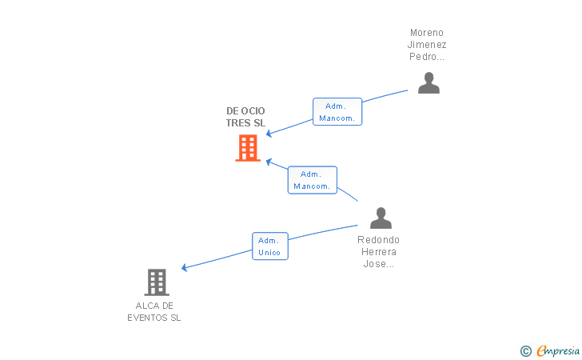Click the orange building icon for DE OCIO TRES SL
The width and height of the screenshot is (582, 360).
(248, 148)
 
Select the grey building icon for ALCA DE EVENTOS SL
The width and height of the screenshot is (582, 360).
(157, 282)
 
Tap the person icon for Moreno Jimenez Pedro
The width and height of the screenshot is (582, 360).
(429, 83)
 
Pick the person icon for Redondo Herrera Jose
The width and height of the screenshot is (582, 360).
(381, 218)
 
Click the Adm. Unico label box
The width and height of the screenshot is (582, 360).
(270, 246)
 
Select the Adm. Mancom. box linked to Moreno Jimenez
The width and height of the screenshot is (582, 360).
(337, 112)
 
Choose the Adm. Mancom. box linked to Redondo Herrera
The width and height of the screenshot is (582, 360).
(312, 180)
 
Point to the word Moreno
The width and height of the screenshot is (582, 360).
(427, 33)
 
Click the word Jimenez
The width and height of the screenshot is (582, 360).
(427, 45)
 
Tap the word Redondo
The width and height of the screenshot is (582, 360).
(379, 239)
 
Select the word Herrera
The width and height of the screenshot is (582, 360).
(379, 252)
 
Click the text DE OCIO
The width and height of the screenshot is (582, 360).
(245, 110)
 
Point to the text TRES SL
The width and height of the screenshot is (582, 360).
(245, 123)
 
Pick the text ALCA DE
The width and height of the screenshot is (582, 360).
(154, 306)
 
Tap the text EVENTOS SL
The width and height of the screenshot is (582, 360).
(154, 318)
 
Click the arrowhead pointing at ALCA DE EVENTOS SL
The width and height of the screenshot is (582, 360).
(185, 268)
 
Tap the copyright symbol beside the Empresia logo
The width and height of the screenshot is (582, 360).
(525, 350)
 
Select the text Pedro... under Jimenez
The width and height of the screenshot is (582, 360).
(427, 57)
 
